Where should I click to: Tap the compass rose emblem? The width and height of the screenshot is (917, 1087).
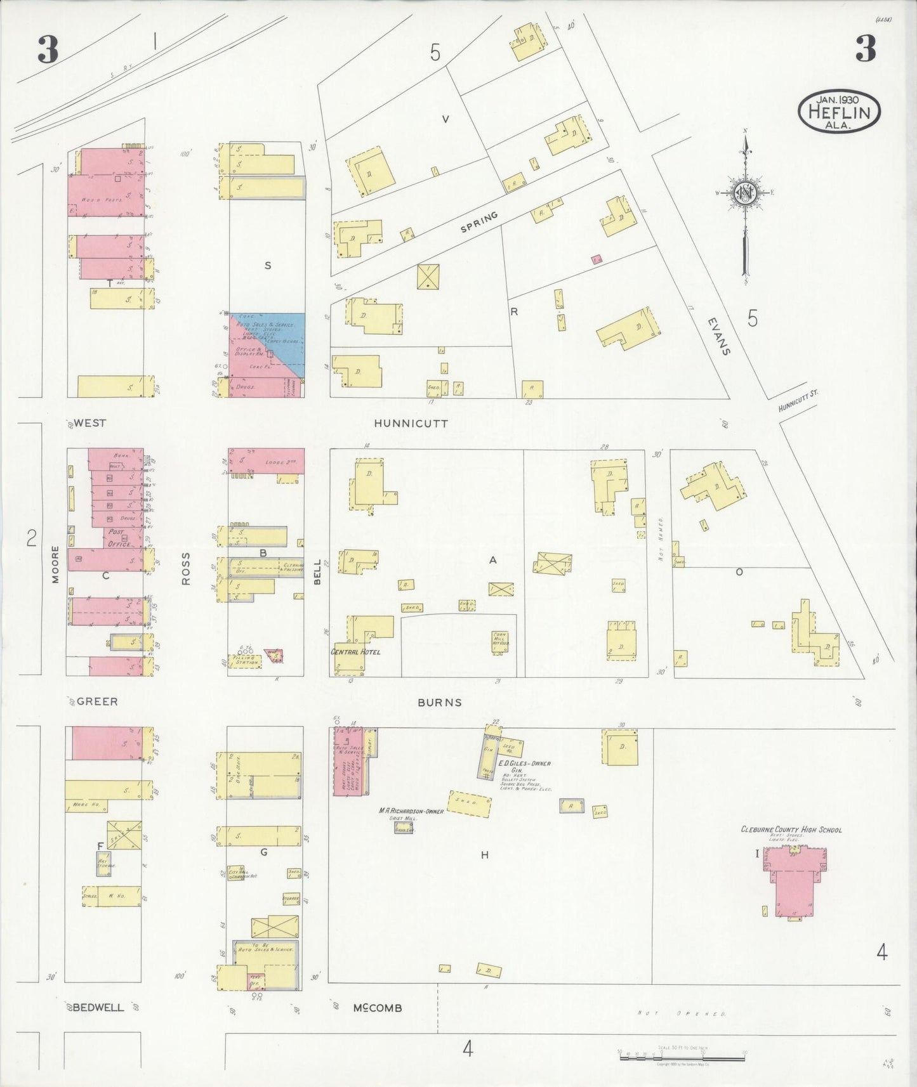tap(744, 193)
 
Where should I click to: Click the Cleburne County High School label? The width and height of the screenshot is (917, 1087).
tap(791, 829)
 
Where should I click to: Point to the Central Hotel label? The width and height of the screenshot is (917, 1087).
tap(355, 651)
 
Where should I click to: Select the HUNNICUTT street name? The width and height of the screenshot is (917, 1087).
tap(411, 423)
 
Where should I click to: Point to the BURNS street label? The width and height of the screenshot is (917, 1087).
tap(439, 702)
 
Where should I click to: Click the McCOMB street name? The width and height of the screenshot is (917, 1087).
tap(378, 1008)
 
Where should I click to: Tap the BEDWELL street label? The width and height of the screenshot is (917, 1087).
tap(98, 1007)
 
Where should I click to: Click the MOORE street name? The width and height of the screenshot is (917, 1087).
tap(55, 564)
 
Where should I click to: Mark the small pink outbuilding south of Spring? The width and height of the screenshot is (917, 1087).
tap(596, 259)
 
